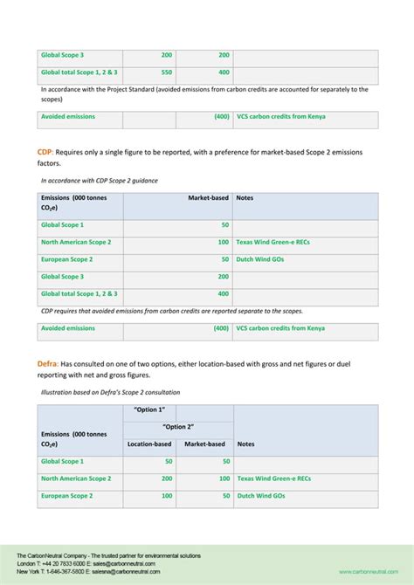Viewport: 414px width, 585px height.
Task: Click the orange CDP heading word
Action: (45, 152)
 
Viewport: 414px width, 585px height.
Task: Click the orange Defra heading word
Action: (49, 362)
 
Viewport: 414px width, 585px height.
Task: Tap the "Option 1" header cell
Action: (149, 410)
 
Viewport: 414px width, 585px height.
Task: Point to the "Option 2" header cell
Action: (178, 427)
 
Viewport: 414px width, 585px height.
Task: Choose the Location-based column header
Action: (149, 444)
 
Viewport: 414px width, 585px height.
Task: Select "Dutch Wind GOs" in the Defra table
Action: (260, 496)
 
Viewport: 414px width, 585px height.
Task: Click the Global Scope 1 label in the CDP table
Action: (62, 224)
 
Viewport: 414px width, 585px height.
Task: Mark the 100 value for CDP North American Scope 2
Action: (224, 242)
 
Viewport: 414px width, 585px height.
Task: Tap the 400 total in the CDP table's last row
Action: (224, 294)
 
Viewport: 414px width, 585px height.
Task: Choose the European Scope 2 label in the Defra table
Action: (66, 496)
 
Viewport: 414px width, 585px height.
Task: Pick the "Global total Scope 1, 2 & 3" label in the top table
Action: (79, 72)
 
